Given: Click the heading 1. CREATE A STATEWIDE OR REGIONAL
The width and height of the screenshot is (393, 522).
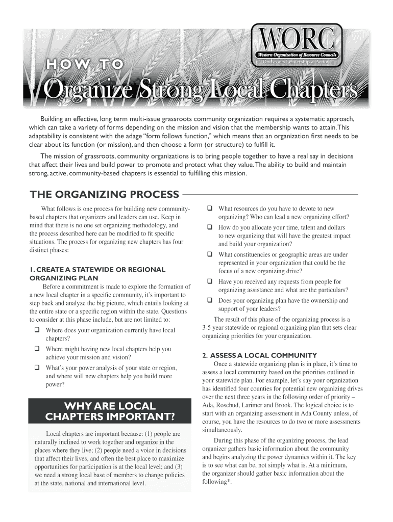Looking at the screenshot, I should [97, 269].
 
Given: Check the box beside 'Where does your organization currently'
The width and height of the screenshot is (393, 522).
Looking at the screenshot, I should [37, 330].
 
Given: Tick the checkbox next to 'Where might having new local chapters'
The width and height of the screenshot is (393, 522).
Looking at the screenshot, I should [37, 349].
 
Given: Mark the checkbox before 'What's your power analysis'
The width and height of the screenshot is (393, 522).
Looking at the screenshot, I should [37, 368].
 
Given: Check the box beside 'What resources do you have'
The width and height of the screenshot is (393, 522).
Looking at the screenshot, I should [209, 208].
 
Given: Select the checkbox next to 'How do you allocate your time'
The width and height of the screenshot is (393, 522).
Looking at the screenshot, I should [209, 227].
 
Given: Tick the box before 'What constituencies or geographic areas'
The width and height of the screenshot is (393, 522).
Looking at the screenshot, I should [209, 254].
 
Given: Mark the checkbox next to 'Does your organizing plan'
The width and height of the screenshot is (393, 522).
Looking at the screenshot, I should [209, 301].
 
